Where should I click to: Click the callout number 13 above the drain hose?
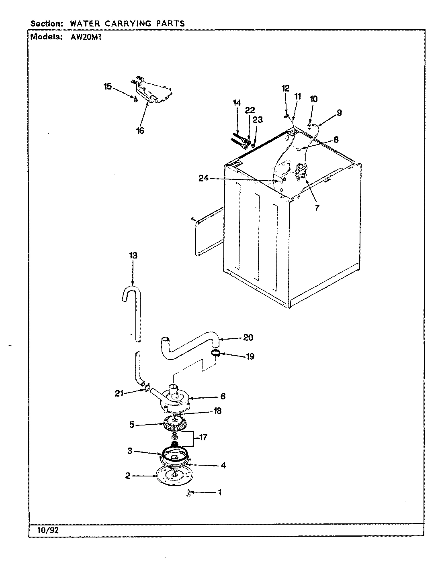coord(133,255)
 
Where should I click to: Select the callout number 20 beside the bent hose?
coord(248,337)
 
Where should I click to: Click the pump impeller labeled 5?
coord(176,424)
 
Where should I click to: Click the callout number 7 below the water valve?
coord(317,208)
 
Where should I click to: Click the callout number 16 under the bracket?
coord(140,130)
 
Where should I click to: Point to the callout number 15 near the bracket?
coord(108,86)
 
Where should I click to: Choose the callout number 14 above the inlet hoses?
coord(237,103)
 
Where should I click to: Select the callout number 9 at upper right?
coord(339,113)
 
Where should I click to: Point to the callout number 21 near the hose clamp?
coord(119,393)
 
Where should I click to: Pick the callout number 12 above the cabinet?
coord(285,88)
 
